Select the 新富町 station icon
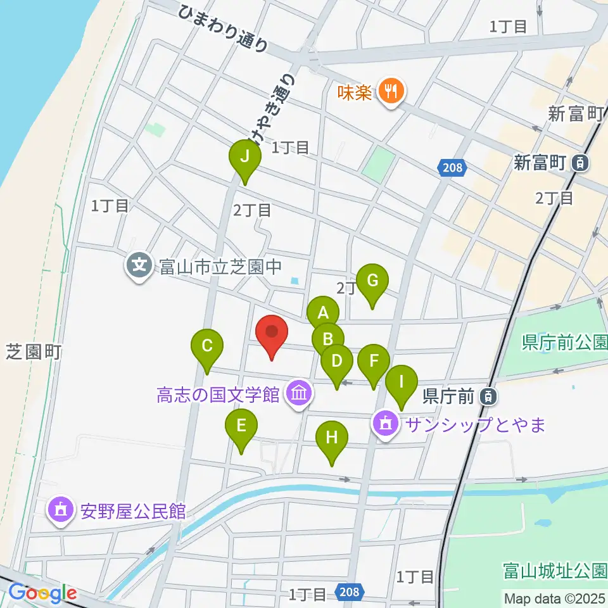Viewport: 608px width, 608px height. (x=580, y=163)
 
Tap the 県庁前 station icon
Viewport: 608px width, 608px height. (x=488, y=397)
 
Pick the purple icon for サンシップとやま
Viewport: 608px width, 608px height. (x=386, y=424)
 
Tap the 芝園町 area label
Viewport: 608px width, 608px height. (x=33, y=351)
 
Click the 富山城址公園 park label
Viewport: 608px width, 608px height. (x=555, y=571)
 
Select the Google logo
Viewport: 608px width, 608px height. (x=42, y=593)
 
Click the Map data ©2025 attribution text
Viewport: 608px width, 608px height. (x=555, y=597)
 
